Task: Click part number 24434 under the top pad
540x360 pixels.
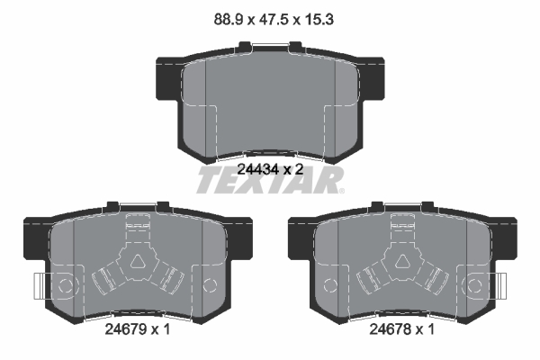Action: tap(258, 169)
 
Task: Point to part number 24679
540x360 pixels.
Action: tap(125, 329)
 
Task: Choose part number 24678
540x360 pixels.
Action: tap(390, 329)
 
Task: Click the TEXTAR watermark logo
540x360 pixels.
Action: tap(270, 180)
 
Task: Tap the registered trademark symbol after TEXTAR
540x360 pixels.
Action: tap(341, 191)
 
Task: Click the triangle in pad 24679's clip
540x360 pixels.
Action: tap(138, 262)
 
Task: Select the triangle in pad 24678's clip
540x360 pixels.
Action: tap(402, 262)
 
